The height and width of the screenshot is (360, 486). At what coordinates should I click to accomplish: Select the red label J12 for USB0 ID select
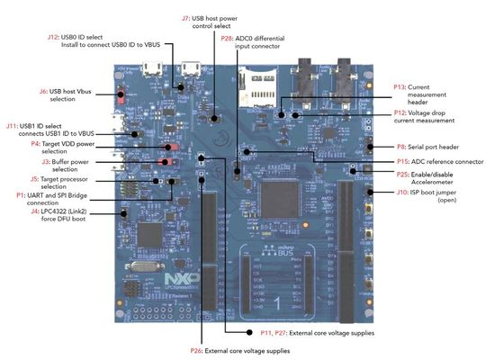(x=52, y=37)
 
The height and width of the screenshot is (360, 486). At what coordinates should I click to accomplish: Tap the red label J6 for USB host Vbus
(x=42, y=91)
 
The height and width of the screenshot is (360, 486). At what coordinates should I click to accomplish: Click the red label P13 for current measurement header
(x=400, y=86)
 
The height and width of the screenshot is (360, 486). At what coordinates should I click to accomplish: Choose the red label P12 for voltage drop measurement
(x=400, y=113)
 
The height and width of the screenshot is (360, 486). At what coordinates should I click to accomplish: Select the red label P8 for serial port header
(x=402, y=146)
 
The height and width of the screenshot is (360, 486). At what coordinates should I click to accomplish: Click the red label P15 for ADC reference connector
(x=402, y=160)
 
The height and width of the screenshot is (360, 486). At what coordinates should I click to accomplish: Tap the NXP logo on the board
(x=177, y=280)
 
